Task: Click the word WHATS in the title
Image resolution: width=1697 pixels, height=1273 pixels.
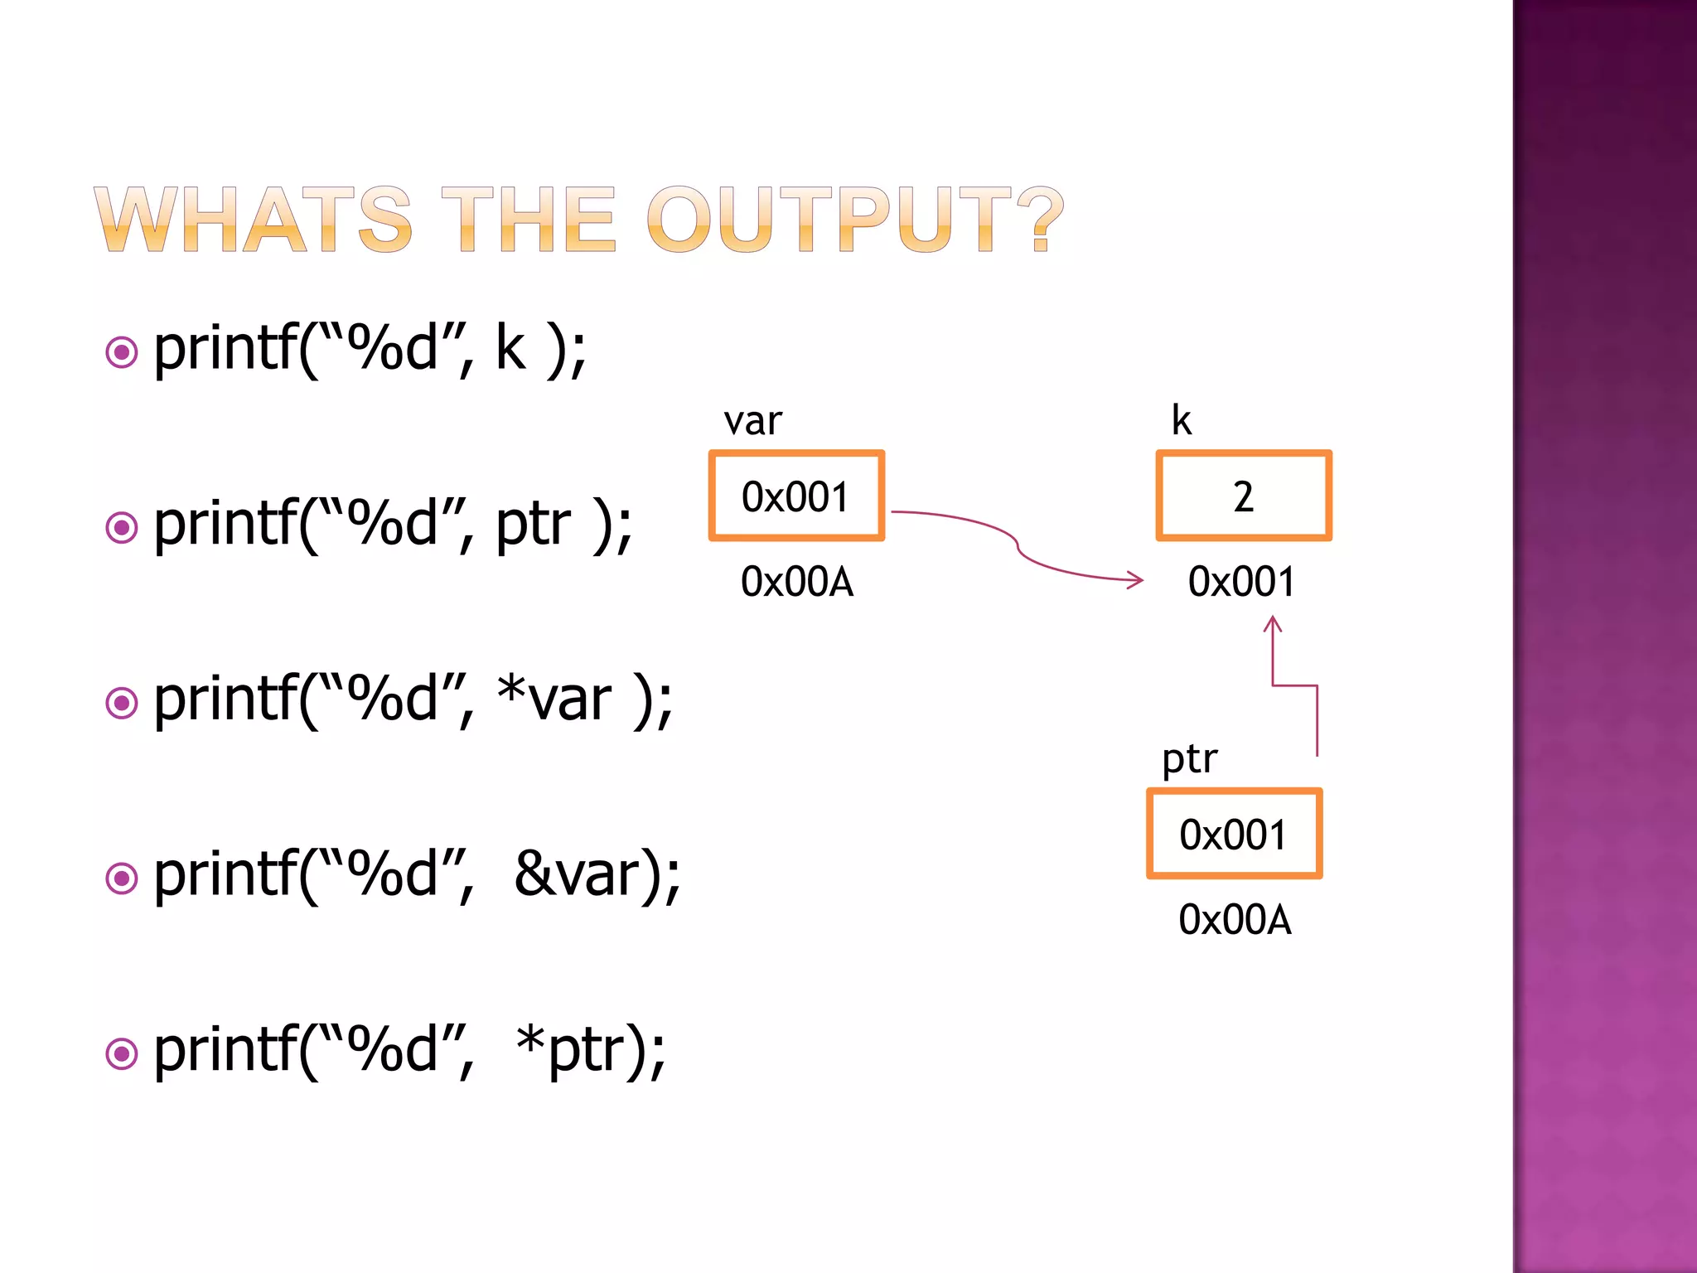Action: [x=253, y=219]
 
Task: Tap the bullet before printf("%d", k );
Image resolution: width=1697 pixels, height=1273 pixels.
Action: [x=122, y=352]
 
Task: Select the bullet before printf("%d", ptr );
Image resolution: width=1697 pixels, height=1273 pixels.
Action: [x=122, y=527]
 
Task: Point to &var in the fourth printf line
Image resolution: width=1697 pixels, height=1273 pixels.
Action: [x=577, y=875]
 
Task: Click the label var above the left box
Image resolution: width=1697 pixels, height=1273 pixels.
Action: [x=752, y=421]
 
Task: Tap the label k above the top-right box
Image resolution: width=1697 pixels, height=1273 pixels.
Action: [x=1181, y=420]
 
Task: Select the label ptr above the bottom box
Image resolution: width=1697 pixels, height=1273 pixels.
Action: [x=1189, y=759]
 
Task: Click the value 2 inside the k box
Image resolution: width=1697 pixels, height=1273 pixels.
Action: [x=1243, y=497]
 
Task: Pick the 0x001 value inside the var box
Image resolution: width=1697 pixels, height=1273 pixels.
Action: [x=795, y=497]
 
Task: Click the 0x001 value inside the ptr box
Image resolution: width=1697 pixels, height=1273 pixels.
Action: [x=1233, y=835]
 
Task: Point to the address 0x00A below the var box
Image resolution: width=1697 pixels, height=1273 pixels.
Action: [x=797, y=582]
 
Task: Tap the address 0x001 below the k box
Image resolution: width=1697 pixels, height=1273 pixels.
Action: [x=1241, y=582]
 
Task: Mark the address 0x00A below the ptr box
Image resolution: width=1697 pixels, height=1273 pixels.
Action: [x=1235, y=920]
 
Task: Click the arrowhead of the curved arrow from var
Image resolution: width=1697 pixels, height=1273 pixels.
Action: [x=1137, y=580]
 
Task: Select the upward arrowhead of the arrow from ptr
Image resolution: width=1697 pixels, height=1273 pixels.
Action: [x=1273, y=622]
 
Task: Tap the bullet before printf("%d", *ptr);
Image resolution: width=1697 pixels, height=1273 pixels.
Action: [x=122, y=1053]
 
